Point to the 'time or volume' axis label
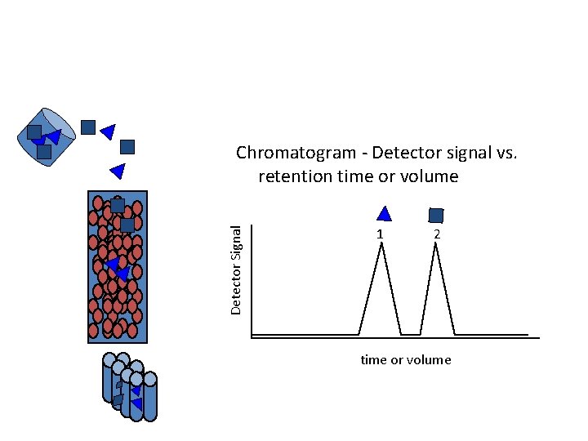click(x=406, y=360)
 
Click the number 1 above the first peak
click(x=380, y=234)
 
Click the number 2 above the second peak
click(x=438, y=234)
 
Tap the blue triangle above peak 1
click(x=384, y=214)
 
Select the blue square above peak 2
click(x=436, y=215)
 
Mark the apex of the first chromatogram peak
click(x=381, y=245)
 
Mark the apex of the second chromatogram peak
click(x=437, y=245)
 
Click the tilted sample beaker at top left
click(x=47, y=137)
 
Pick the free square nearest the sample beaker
click(x=88, y=127)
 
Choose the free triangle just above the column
click(x=117, y=171)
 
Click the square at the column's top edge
click(x=118, y=205)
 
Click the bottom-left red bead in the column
click(x=94, y=329)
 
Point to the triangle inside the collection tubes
click(x=136, y=403)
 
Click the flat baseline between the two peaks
click(x=411, y=334)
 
